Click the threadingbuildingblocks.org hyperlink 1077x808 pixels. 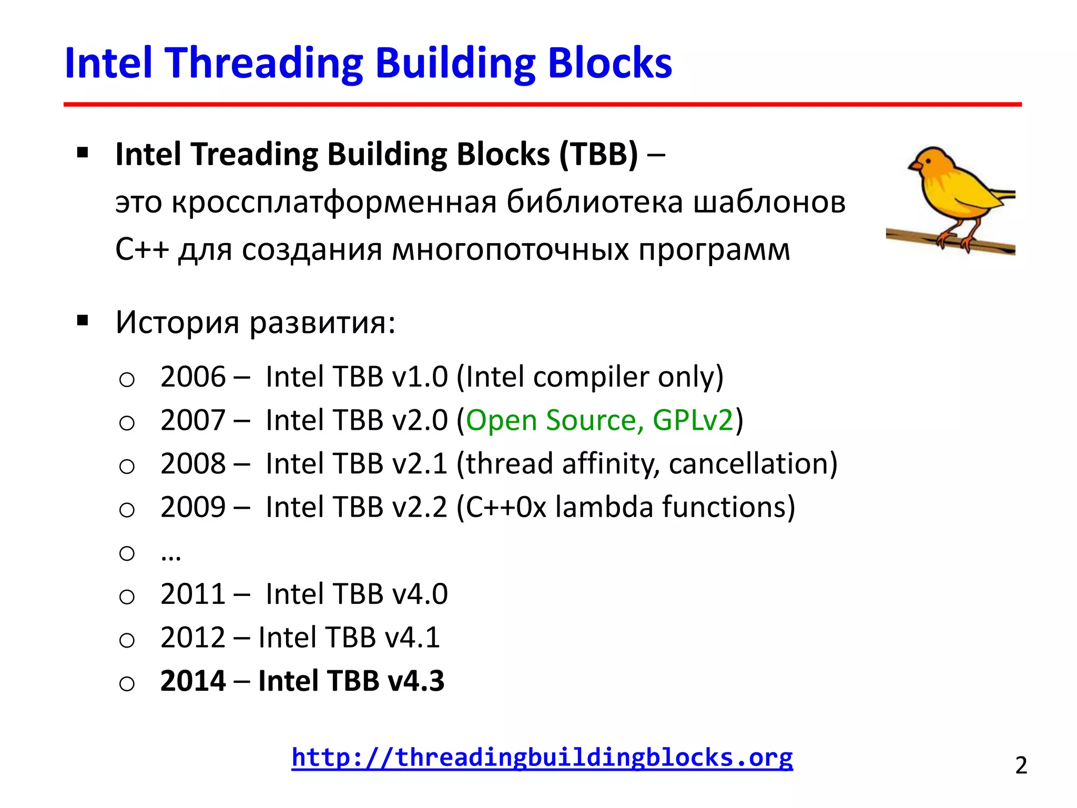pyautogui.click(x=542, y=757)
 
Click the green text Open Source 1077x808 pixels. pyautogui.click(x=552, y=421)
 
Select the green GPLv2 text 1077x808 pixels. pyautogui.click(x=693, y=421)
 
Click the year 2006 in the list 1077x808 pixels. pyautogui.click(x=193, y=377)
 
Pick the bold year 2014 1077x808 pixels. pyautogui.click(x=193, y=681)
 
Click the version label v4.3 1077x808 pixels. pyautogui.click(x=415, y=681)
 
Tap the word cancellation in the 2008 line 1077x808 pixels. pyautogui.click(x=752, y=464)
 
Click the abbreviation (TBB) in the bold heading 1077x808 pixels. pyautogui.click(x=598, y=155)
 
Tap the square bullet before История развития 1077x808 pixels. pyautogui.click(x=82, y=320)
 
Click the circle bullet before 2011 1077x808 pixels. pyautogui.click(x=127, y=597)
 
